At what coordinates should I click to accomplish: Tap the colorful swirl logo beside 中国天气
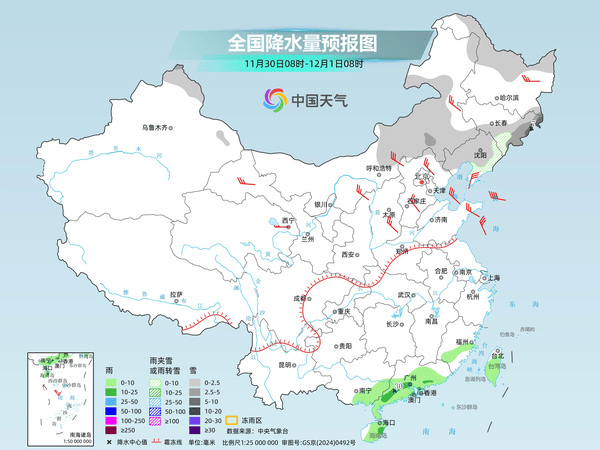(274, 99)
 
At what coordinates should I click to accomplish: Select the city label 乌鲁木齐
(157, 127)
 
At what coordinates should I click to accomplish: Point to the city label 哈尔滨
(511, 98)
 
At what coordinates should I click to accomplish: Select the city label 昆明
(286, 365)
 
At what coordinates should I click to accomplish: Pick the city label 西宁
(289, 219)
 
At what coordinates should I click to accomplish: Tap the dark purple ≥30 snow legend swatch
(198, 432)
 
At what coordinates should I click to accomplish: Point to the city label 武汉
(404, 295)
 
